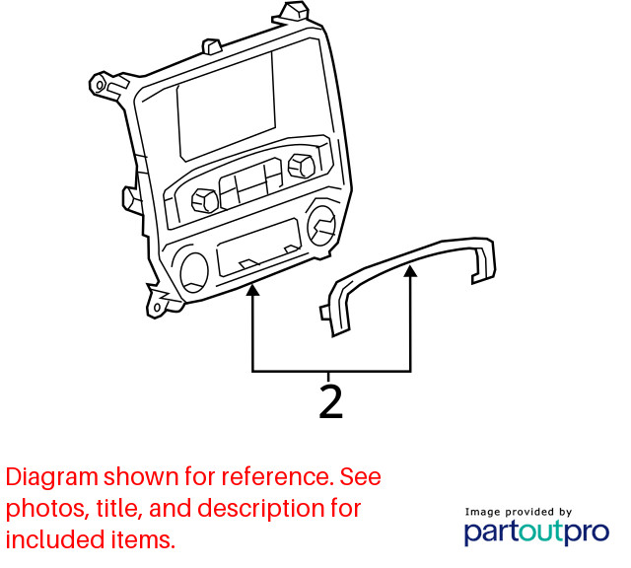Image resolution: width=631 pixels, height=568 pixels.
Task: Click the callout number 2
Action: point(331,401)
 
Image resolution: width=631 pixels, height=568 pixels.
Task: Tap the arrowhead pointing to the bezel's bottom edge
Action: point(252,290)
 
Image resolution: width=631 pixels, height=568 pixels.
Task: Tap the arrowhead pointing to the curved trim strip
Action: point(410,271)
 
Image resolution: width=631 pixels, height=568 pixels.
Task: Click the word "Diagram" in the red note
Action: point(52,476)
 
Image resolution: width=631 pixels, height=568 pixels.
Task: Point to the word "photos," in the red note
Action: point(46,508)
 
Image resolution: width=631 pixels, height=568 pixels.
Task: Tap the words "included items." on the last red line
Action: point(91,539)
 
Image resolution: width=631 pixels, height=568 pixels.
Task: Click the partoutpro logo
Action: point(536,532)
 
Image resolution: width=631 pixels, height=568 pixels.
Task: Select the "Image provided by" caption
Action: point(519,512)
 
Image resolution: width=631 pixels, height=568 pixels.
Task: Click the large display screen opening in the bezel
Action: point(226,106)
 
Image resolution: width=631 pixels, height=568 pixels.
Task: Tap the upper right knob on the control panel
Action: point(302,165)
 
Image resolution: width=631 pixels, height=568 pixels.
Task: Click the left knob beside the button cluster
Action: point(205,200)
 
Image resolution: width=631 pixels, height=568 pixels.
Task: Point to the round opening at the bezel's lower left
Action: point(194,272)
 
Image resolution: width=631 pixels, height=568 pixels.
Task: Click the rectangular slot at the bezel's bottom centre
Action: point(258,247)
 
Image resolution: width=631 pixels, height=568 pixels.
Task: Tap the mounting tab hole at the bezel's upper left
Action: point(100,85)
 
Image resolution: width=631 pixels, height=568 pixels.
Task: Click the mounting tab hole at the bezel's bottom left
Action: point(157,308)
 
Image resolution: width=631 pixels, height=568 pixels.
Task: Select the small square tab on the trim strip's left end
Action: point(325,313)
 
